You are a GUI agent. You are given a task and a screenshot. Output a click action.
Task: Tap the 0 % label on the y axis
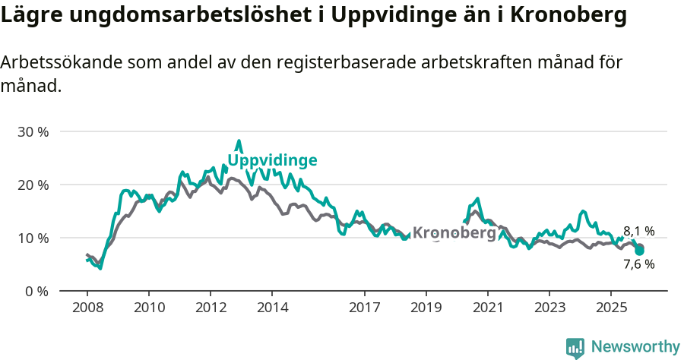coord(36,291)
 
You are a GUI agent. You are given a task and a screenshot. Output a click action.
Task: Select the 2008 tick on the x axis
coord(87,308)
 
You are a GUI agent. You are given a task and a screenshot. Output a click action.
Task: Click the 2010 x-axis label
coord(148,308)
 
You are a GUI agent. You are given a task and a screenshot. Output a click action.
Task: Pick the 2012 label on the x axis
coord(211,308)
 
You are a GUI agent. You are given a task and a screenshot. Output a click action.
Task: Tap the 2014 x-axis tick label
coord(272,308)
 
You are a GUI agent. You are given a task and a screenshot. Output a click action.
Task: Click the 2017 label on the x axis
coord(365,308)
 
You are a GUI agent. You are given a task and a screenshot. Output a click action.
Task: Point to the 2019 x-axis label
coord(426,308)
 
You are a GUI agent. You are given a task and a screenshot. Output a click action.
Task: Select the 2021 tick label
coord(488,308)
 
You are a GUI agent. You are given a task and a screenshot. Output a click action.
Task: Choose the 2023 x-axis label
coord(549,308)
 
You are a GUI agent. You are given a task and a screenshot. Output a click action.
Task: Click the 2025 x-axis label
coord(611,308)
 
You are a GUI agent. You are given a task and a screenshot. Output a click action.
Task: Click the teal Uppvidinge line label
coord(272,160)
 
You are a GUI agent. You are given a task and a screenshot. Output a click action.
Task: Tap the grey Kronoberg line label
coord(454,233)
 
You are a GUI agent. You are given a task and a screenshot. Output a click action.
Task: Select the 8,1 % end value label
coord(638,232)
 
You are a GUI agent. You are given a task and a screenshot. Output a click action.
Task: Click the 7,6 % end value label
coord(638,264)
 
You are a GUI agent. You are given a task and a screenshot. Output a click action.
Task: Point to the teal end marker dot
coord(639,250)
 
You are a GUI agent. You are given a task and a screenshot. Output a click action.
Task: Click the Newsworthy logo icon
coord(575,348)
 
